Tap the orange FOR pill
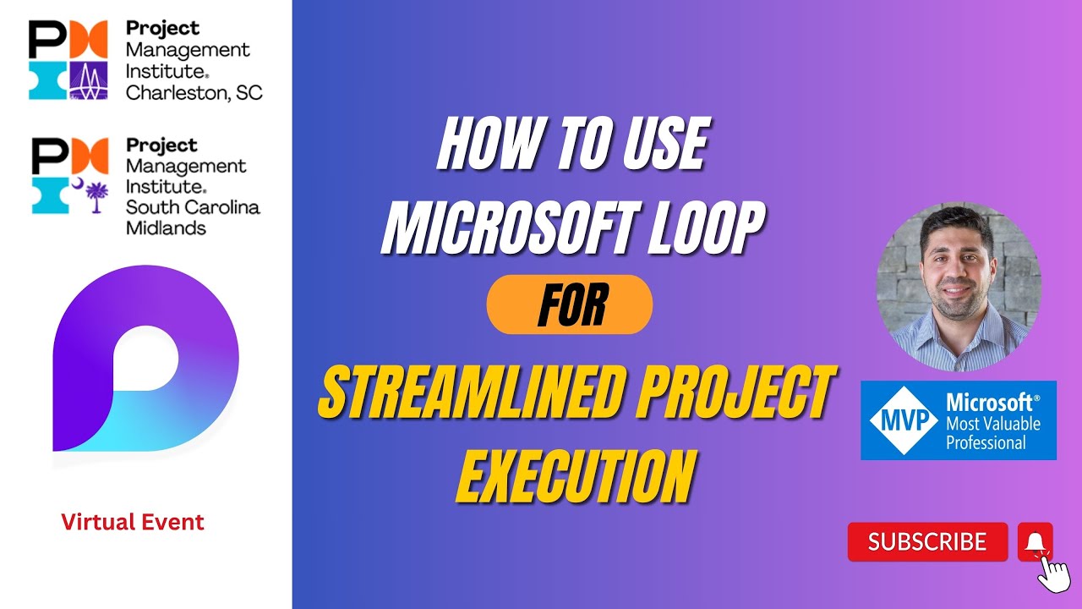(570, 304)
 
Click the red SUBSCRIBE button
(927, 542)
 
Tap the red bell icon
(1034, 540)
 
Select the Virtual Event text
(133, 522)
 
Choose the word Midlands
(166, 228)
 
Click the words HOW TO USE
(571, 145)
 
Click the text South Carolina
(193, 206)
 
